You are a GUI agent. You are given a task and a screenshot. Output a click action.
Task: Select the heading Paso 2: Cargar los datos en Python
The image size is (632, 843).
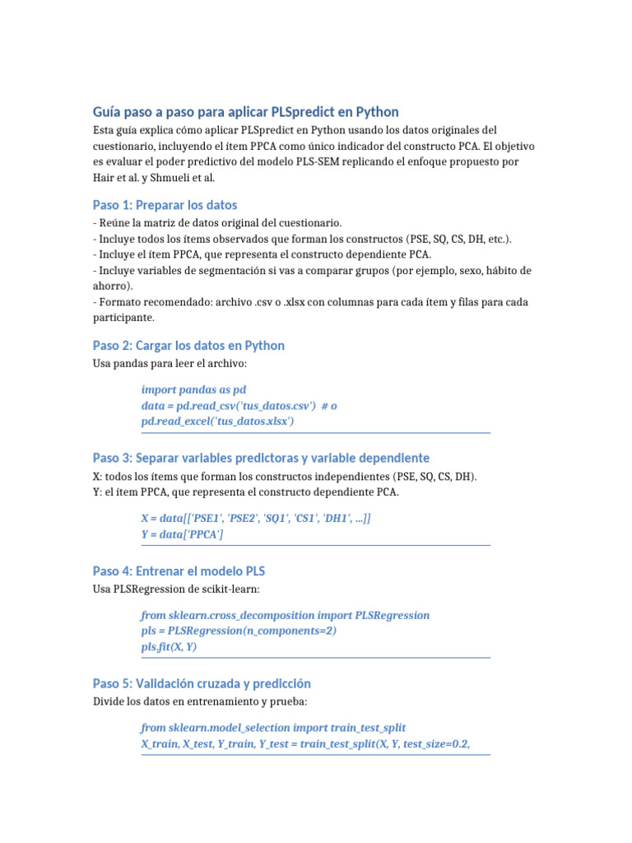coord(188,345)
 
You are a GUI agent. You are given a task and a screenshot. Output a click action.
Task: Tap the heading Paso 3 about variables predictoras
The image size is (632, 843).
coord(261,458)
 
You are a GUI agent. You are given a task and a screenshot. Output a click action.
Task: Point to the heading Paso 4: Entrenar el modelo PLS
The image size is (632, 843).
coord(179,571)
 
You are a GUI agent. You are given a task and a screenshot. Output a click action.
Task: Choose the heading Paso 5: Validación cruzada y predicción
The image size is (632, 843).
coord(202,683)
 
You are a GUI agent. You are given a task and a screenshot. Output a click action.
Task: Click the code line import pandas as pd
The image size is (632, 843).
coord(193,389)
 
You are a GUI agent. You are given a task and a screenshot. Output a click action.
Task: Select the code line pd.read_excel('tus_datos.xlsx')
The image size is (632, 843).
coord(218,421)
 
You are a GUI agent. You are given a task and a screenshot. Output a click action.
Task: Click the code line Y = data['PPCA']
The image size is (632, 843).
coord(182,534)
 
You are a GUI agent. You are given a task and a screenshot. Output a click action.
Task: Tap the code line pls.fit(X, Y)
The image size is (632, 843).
coord(169,646)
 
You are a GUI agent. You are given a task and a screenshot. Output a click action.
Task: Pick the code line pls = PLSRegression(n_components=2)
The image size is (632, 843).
coord(239,631)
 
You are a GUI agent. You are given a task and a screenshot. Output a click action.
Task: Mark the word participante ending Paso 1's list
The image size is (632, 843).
coord(123,317)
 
